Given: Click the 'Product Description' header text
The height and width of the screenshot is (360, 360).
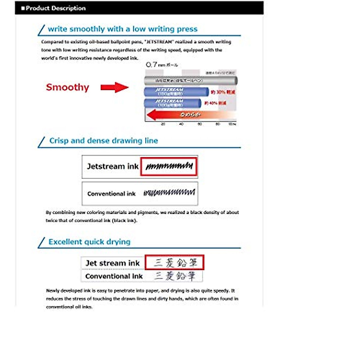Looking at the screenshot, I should [x=55, y=8].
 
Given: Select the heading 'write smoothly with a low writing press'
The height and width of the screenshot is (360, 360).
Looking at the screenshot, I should [x=122, y=29].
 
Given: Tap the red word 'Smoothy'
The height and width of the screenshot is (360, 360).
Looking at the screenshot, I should [x=67, y=87].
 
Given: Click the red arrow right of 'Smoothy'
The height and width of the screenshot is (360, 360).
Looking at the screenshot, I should [x=114, y=87].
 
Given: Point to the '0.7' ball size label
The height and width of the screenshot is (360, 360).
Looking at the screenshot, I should [x=151, y=64].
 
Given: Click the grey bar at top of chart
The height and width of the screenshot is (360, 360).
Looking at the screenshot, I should [x=190, y=81].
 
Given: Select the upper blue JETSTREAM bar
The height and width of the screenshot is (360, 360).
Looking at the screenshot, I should [x=176, y=91].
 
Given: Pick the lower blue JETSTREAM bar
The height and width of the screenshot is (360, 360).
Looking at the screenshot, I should [x=172, y=103].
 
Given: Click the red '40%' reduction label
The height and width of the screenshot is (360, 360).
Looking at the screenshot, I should [x=215, y=103].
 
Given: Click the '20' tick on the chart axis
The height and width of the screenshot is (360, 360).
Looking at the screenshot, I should [x=163, y=124].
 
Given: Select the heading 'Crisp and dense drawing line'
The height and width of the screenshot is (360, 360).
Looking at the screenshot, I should [x=103, y=141].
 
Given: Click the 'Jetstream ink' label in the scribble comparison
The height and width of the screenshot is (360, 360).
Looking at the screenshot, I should [x=112, y=166].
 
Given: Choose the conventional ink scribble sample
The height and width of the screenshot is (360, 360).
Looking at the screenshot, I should [x=169, y=193].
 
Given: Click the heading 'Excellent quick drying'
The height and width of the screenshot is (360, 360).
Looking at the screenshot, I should [x=89, y=242].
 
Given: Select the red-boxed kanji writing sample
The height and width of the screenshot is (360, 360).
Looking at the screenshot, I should [x=175, y=263].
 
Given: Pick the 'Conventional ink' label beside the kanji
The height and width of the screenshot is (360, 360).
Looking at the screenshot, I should [x=114, y=276].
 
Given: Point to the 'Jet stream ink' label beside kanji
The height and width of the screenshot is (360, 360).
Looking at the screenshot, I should [x=112, y=263].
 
